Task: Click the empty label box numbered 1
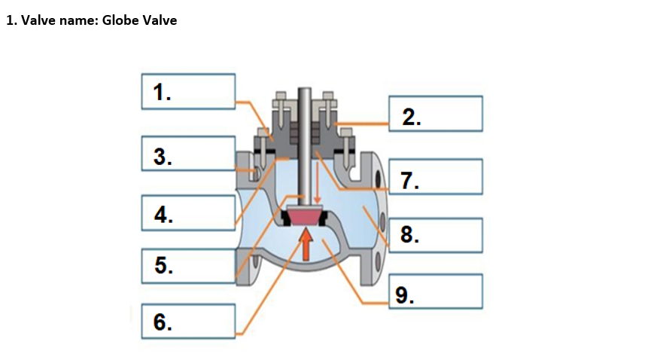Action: pyautogui.click(x=188, y=91)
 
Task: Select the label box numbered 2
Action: pyautogui.click(x=435, y=114)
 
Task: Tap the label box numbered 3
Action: pyautogui.click(x=188, y=154)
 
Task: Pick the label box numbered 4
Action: pyautogui.click(x=188, y=212)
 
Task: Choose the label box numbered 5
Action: pyautogui.click(x=188, y=265)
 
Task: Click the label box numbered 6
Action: pyautogui.click(x=188, y=322)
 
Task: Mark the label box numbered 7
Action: pyautogui.click(x=435, y=177)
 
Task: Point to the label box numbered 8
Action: pyautogui.click(x=435, y=235)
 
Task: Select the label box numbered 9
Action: pyautogui.click(x=435, y=291)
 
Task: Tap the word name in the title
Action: pyautogui.click(x=75, y=21)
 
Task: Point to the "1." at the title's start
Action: pyautogui.click(x=11, y=21)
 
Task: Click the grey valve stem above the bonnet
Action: pyautogui.click(x=304, y=105)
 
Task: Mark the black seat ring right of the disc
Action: pyautogui.click(x=324, y=218)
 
